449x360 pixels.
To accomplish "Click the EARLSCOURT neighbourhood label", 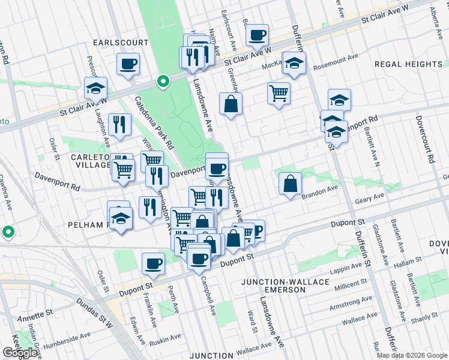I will click(120, 43).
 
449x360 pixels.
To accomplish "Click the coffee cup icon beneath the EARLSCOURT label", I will click(128, 64).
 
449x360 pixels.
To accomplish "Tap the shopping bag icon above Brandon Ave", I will click(290, 185).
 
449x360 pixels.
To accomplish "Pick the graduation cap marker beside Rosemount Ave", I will click(294, 63).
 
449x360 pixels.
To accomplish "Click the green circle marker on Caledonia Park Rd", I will click(163, 82).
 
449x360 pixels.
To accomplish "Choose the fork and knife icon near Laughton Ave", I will click(119, 125).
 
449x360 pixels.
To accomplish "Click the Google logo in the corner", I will click(20, 353).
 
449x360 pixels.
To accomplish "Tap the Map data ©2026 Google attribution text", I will click(412, 355).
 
